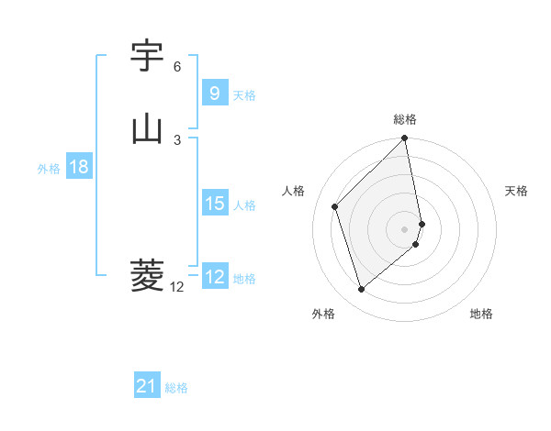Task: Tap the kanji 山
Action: click(147, 128)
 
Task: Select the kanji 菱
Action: click(147, 275)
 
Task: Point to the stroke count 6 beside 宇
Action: click(177, 67)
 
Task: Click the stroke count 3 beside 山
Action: click(177, 139)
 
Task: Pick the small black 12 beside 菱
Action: click(176, 287)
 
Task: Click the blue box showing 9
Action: click(214, 94)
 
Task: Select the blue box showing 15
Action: click(214, 204)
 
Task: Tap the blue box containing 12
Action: click(214, 277)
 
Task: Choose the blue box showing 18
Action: click(78, 167)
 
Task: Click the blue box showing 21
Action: click(147, 387)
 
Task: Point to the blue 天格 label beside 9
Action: click(244, 94)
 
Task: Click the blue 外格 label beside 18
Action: click(49, 168)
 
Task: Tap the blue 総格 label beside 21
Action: click(176, 388)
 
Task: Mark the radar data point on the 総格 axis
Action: click(405, 139)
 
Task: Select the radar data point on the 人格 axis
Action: click(335, 206)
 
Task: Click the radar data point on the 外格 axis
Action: click(361, 290)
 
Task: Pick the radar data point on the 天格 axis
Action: click(422, 224)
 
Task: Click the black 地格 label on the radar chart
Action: click(481, 315)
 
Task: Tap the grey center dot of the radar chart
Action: click(405, 229)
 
